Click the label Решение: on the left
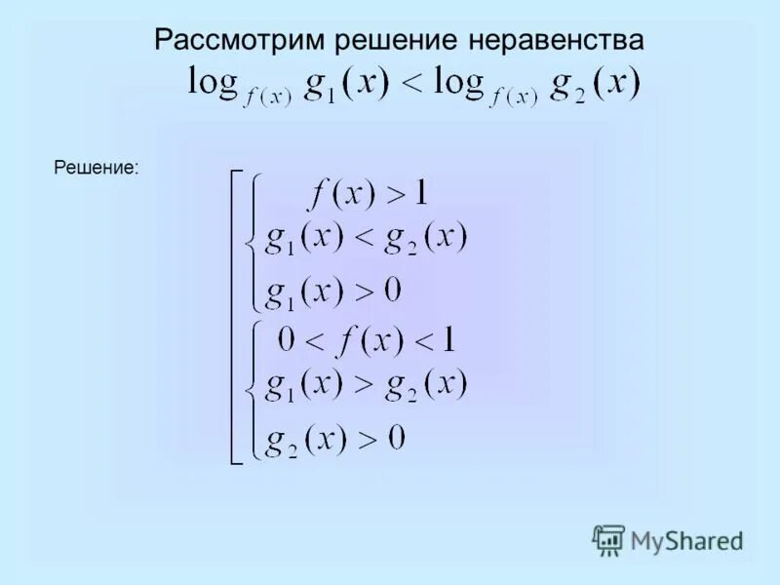tap(97, 169)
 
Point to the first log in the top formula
tap(214, 82)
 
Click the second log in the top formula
tap(459, 82)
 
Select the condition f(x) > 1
tap(368, 193)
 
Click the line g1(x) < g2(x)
tap(367, 239)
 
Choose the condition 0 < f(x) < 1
tap(367, 340)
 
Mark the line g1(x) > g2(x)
tap(367, 384)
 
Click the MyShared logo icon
tap(608, 539)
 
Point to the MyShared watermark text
tap(686, 540)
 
